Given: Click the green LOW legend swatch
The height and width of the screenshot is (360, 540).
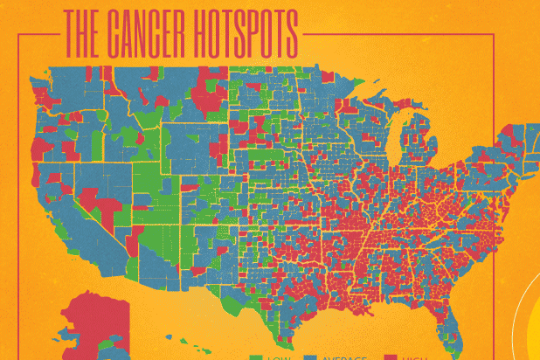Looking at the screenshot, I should point(255,357).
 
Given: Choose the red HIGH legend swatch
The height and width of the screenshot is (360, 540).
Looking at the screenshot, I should point(390,357).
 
